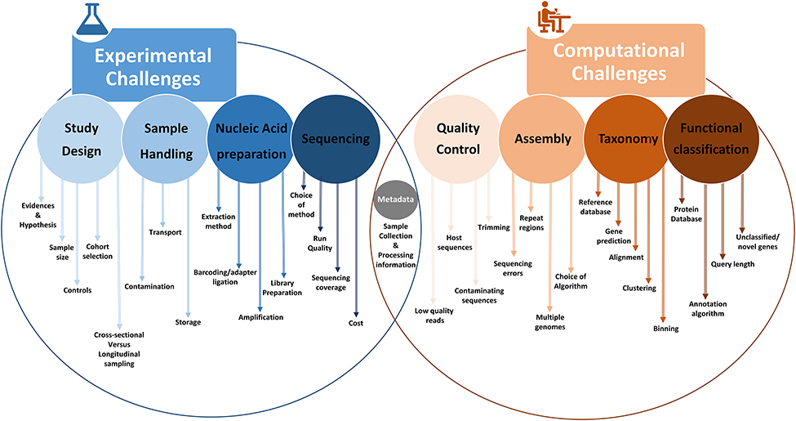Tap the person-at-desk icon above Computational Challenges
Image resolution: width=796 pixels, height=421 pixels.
tap(554, 19)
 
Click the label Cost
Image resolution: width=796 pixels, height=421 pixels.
tap(355, 323)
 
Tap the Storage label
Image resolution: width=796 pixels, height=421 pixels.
tap(188, 322)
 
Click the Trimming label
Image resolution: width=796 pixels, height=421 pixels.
tap(494, 227)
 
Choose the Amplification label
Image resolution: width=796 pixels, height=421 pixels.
tap(260, 316)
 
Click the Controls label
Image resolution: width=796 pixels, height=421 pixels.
tap(78, 289)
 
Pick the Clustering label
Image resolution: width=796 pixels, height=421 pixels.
tap(639, 288)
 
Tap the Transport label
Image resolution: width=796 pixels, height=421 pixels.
tap(165, 232)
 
